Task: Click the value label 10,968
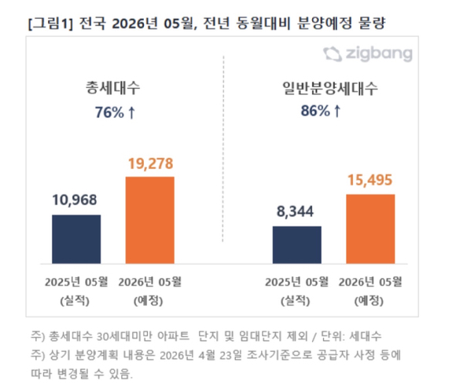click(76, 200)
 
